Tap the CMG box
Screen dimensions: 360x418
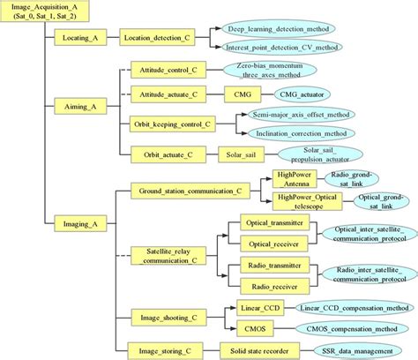click(241, 92)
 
